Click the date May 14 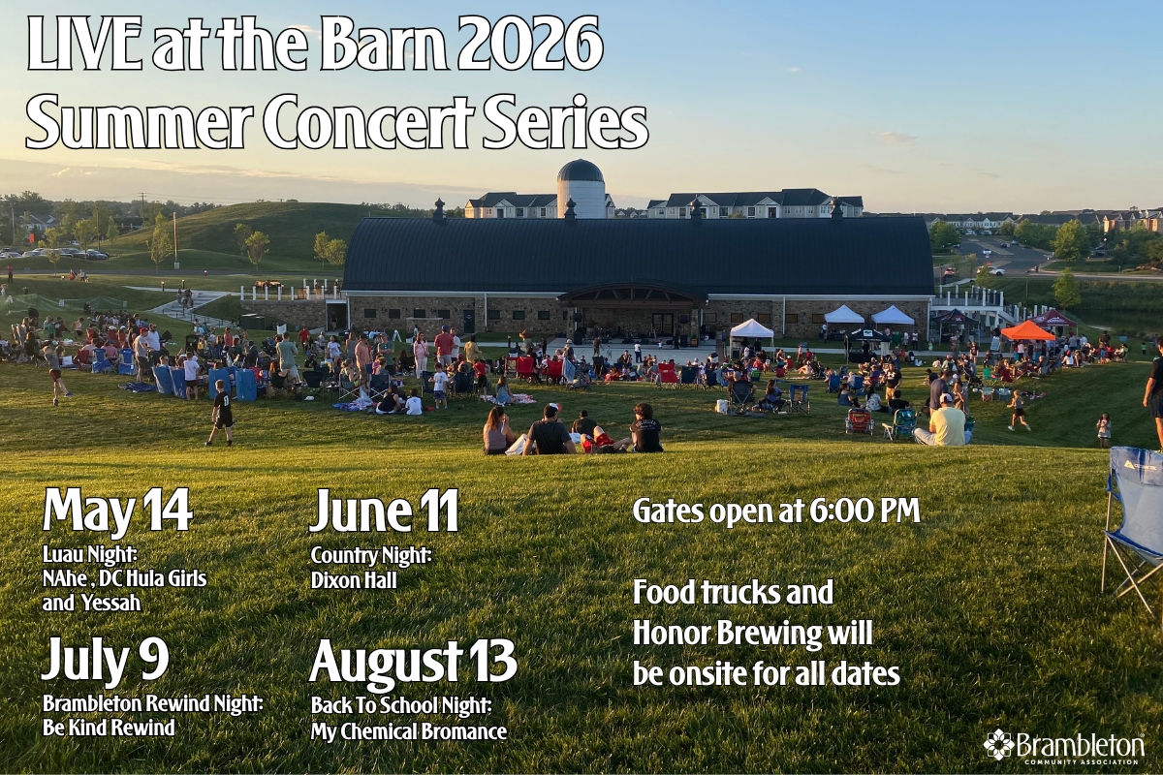click(x=117, y=511)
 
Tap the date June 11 click(x=384, y=511)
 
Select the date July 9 click(x=105, y=661)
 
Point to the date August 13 click(x=413, y=663)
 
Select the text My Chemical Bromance click(x=408, y=731)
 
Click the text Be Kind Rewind click(x=109, y=728)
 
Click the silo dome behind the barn click(x=581, y=172)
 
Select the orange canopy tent click(x=1027, y=331)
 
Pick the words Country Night click(x=370, y=556)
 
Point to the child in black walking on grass click(x=222, y=411)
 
